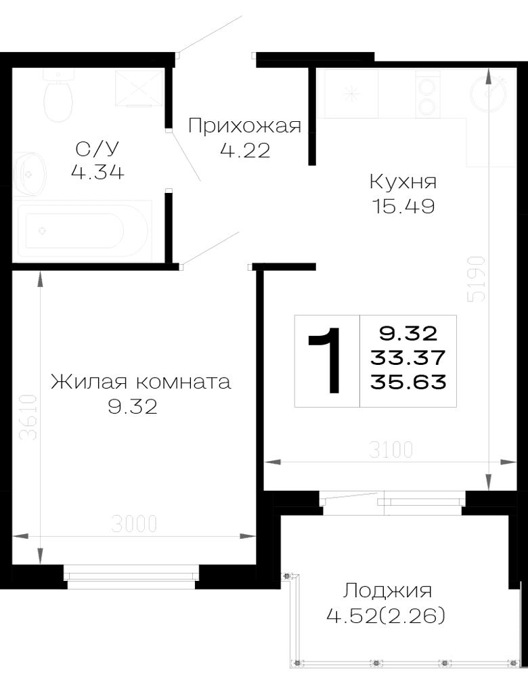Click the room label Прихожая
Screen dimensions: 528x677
(245, 126)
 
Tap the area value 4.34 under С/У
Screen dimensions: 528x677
(97, 172)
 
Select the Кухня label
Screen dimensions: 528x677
(403, 181)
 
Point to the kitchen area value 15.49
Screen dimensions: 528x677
(403, 206)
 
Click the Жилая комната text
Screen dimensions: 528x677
(141, 382)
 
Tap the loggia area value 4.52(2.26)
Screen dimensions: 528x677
(386, 615)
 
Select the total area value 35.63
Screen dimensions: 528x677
(408, 382)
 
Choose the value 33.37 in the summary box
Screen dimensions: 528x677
(408, 357)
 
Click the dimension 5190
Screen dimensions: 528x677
(478, 280)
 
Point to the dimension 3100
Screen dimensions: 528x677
(391, 450)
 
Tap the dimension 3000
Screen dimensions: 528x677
(134, 524)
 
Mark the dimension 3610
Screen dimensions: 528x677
(30, 417)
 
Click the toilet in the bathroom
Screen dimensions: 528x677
(58, 96)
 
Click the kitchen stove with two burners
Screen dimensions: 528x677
(428, 94)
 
